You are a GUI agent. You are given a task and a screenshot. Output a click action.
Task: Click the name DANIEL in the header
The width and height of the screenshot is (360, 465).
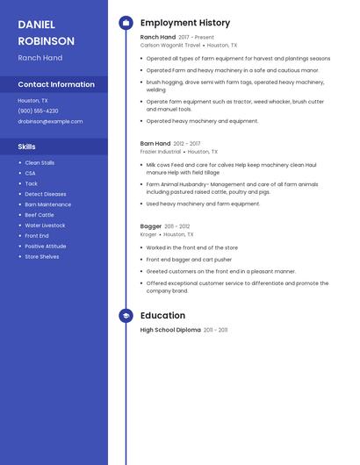(x=36, y=25)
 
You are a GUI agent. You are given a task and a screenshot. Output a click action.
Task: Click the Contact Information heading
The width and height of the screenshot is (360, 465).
(x=56, y=84)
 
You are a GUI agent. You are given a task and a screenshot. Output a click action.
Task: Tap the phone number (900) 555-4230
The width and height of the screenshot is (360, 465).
(x=38, y=111)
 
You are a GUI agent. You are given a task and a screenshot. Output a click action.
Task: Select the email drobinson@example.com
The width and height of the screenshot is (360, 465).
(x=50, y=121)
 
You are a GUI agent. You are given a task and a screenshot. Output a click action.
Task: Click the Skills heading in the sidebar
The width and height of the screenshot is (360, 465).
(x=27, y=147)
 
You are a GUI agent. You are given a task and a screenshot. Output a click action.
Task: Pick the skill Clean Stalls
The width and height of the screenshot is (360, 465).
(x=40, y=163)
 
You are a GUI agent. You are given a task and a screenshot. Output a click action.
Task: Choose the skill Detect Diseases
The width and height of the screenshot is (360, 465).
(x=45, y=194)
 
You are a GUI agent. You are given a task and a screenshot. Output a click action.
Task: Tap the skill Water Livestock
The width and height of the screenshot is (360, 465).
(x=45, y=225)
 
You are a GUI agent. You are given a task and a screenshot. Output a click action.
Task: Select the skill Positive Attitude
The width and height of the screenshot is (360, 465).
(x=45, y=247)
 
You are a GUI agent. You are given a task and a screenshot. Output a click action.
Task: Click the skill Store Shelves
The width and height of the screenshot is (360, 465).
(x=42, y=257)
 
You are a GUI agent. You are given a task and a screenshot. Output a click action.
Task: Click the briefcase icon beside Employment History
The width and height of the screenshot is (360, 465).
(x=126, y=23)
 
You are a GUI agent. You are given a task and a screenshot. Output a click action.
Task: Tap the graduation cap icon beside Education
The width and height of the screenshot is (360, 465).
(x=126, y=316)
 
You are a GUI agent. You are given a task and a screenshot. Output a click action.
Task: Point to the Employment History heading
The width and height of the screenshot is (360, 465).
(x=185, y=23)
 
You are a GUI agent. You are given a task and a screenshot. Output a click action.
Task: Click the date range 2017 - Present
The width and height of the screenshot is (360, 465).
(x=196, y=38)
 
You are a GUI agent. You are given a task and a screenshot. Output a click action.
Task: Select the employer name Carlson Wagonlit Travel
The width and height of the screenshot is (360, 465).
(x=170, y=45)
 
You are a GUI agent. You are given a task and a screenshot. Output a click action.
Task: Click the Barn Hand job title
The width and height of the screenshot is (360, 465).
(x=155, y=143)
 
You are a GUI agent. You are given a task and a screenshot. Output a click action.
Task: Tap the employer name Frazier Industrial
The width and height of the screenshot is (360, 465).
(x=161, y=151)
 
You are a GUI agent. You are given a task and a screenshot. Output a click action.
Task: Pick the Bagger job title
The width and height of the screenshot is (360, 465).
(x=151, y=226)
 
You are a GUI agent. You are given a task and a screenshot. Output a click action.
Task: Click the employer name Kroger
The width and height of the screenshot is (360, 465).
(x=148, y=234)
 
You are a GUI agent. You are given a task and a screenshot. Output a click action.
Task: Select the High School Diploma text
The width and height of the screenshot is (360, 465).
(x=170, y=330)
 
